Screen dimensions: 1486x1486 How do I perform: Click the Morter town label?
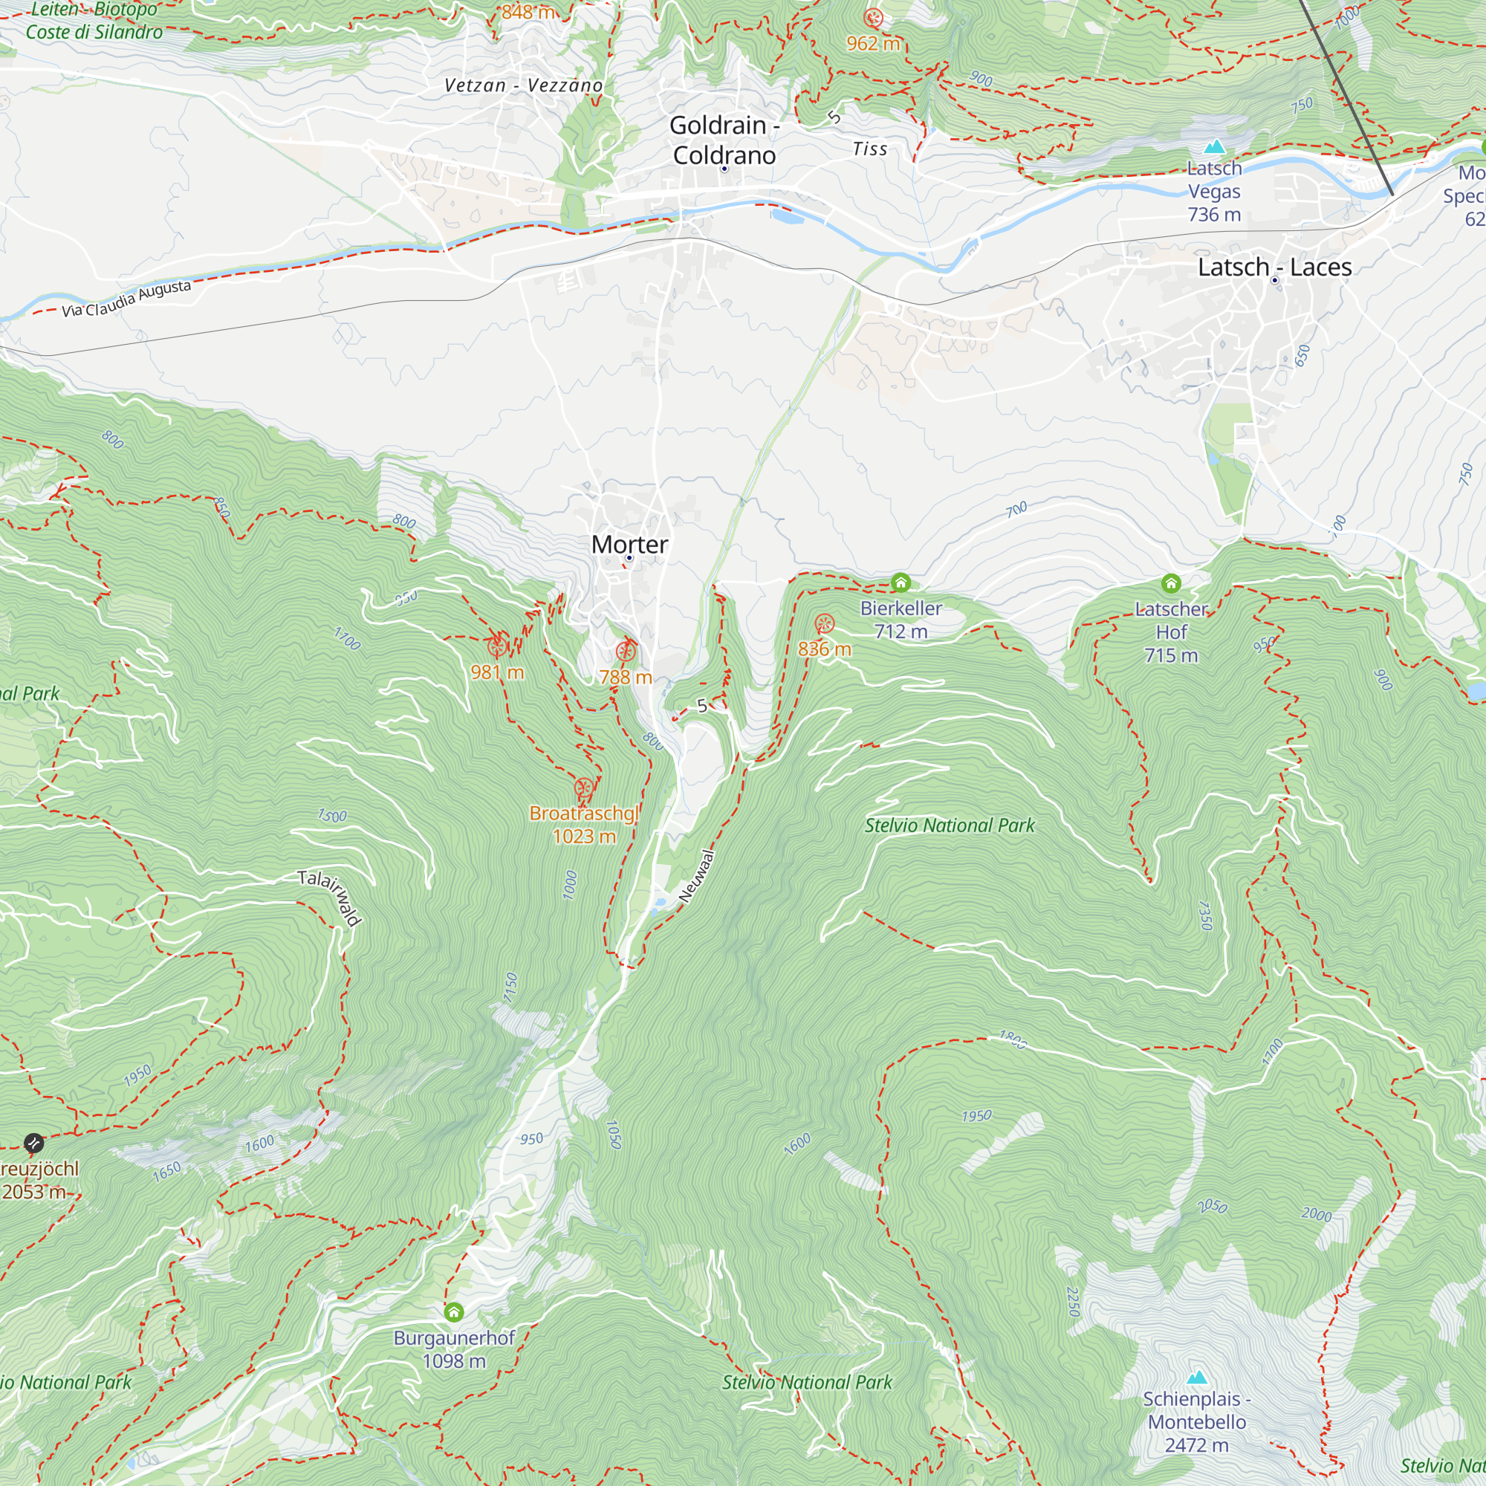[x=629, y=545]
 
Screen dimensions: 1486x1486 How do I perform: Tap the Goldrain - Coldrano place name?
[x=724, y=140]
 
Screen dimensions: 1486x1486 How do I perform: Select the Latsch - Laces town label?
[x=1274, y=267]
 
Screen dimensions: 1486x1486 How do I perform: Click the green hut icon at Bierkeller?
[x=901, y=583]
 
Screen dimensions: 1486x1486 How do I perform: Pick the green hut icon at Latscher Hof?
[x=1171, y=583]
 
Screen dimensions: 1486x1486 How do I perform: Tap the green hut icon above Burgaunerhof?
[x=454, y=1311]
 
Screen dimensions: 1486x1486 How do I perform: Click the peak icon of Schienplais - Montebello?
[x=1197, y=1377]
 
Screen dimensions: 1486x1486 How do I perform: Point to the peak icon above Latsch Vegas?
[x=1214, y=146]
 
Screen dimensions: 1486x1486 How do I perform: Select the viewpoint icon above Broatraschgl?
[x=584, y=788]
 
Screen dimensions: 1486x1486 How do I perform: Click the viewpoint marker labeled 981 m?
[x=497, y=646]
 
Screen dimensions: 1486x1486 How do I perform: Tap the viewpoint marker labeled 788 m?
[x=626, y=652]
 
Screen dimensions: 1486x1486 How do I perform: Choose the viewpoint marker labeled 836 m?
[x=825, y=623]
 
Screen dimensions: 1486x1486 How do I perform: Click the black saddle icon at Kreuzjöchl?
[x=33, y=1143]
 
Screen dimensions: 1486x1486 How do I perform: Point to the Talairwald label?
[x=330, y=898]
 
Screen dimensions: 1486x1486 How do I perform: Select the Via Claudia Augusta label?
[x=127, y=299]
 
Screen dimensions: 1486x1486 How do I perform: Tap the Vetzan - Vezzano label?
[x=523, y=85]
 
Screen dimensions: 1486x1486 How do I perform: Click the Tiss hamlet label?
[x=870, y=149]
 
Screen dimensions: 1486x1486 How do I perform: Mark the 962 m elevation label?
[x=873, y=44]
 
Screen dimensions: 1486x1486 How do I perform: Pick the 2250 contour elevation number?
[x=1074, y=1302]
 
